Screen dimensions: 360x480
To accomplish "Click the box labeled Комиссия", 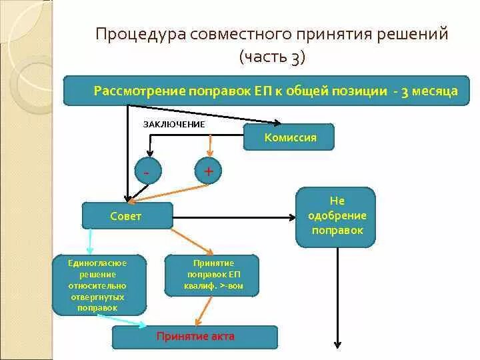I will pos(289,137).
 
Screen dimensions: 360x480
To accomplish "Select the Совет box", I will pos(127,216).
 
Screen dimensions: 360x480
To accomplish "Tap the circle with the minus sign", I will pos(147,171).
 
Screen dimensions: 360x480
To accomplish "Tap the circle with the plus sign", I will pos(208,171).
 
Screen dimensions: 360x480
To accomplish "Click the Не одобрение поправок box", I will pos(336,217).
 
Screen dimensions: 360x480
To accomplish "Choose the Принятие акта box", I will pos(195,337).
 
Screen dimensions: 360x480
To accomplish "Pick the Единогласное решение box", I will pos(99,285).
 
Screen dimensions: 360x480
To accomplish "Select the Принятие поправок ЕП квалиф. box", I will pos(213,275).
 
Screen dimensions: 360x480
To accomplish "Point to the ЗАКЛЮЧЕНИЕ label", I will pos(175,124).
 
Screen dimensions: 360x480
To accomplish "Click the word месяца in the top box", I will pos(435,91).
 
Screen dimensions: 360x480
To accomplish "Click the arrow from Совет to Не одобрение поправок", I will pos(233,217).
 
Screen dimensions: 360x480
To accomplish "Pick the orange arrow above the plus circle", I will pos(211,146).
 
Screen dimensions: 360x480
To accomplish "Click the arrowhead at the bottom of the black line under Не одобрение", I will pos(338,344).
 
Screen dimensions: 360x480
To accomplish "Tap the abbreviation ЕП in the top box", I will pos(263,91).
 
